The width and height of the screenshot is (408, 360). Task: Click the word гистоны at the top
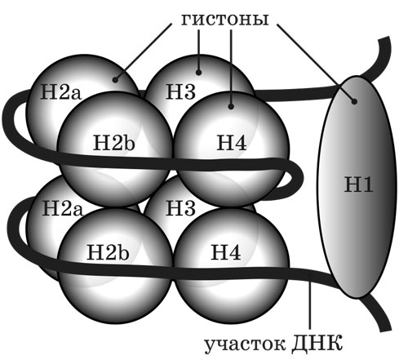coord(225,20)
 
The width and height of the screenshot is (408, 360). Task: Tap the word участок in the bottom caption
coord(245,345)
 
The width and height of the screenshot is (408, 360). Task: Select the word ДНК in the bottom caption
coord(317,344)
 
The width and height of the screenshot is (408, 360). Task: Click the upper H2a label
coord(60,91)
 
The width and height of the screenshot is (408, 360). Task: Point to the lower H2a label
coord(62,208)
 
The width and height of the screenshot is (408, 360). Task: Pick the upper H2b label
coord(113,143)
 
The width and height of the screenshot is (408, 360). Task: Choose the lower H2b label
coord(108,251)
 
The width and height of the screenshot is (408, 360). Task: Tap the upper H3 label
coord(180,91)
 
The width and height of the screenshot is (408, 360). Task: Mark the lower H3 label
coord(180,208)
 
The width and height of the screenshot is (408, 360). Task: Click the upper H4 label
coord(232,143)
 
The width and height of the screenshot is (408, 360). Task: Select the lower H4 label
coord(226,252)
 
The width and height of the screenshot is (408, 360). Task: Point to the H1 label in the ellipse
coord(358,184)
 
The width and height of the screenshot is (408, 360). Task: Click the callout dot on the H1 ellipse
coord(354,101)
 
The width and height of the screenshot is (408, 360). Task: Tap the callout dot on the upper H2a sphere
coord(116,80)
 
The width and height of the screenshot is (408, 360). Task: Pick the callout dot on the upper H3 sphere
coord(198,73)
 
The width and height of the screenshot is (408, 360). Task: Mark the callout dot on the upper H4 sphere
coord(231,106)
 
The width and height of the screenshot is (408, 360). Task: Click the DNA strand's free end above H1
coord(384,38)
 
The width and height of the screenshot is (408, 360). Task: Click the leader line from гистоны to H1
coord(316,63)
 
